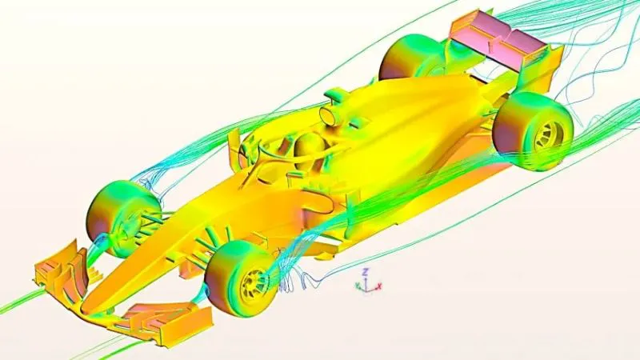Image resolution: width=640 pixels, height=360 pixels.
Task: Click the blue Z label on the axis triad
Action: [366, 272]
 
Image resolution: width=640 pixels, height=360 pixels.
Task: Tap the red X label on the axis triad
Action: [379, 286]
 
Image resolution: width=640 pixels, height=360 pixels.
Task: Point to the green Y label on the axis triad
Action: [358, 286]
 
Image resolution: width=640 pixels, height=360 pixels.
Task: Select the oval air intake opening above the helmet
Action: [330, 115]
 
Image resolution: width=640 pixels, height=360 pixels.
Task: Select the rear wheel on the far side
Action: [412, 56]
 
